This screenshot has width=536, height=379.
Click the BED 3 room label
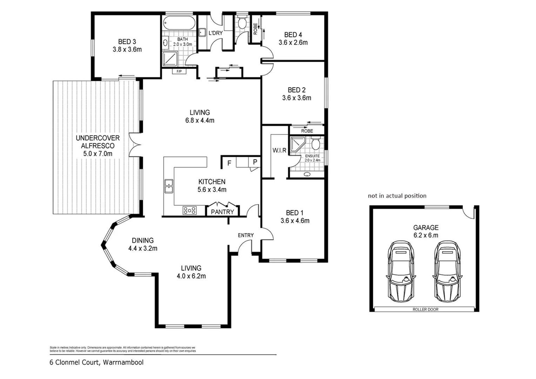(x=127, y=41)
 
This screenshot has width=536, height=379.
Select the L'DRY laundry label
(x=215, y=33)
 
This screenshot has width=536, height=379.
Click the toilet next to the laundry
(x=242, y=24)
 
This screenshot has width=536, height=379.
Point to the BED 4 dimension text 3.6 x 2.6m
(x=293, y=42)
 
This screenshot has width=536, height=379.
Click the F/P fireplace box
(x=179, y=72)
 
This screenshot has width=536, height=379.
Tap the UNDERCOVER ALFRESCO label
(x=98, y=142)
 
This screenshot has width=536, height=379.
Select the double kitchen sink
(x=169, y=186)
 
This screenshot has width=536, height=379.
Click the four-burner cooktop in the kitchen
(x=189, y=210)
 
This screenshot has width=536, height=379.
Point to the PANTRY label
(x=222, y=212)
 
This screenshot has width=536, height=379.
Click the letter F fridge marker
(x=229, y=163)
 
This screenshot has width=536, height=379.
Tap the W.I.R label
(x=279, y=150)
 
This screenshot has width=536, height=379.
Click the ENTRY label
(x=246, y=235)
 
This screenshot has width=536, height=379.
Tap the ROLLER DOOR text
(x=425, y=310)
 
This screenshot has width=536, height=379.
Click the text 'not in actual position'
(x=397, y=196)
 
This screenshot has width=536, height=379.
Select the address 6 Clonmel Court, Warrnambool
(x=96, y=363)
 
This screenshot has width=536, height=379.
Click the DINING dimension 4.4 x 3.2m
(x=142, y=248)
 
